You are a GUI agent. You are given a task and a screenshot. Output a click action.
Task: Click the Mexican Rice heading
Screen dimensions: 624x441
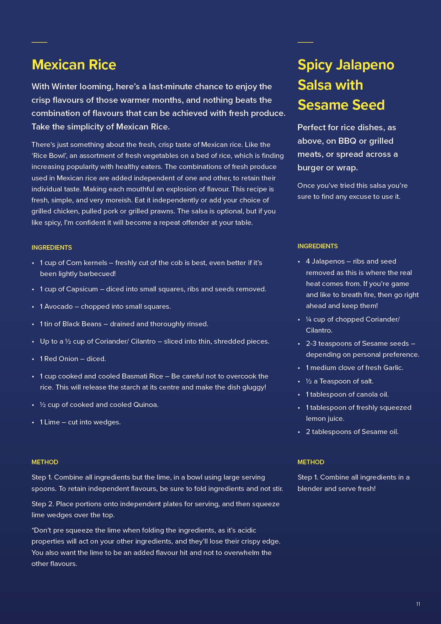[74, 65]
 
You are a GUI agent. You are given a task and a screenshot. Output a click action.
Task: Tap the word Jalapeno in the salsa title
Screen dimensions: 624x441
[365, 65]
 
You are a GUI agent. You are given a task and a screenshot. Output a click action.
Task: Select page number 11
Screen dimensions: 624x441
[418, 604]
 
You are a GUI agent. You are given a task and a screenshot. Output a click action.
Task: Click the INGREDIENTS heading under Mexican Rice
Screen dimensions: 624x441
[52, 248]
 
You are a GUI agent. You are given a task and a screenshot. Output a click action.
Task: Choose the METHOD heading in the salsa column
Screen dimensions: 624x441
[310, 462]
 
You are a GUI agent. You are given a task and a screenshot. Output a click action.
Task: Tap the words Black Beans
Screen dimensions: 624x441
[82, 324]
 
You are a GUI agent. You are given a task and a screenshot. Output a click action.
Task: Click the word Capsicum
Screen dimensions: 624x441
[82, 289]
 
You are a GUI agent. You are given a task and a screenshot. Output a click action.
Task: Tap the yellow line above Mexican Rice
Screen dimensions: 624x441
[39, 42]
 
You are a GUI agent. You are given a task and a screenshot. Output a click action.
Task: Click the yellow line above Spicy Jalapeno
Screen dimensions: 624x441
[305, 42]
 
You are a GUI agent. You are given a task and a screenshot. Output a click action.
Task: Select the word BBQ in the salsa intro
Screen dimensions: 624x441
[347, 141]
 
